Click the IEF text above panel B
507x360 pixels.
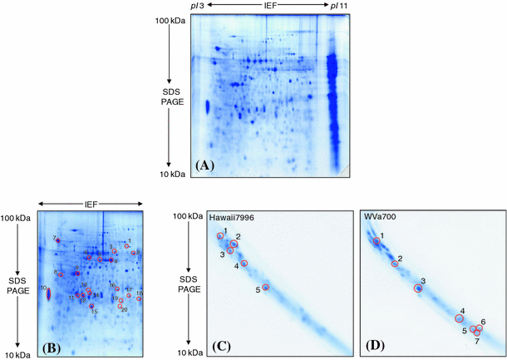(91, 202)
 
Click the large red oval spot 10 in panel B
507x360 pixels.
(48, 293)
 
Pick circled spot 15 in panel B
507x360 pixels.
(91, 306)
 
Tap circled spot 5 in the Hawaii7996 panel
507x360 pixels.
(266, 288)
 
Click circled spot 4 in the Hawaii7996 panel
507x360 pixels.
(244, 264)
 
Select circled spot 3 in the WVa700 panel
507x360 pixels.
(418, 288)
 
